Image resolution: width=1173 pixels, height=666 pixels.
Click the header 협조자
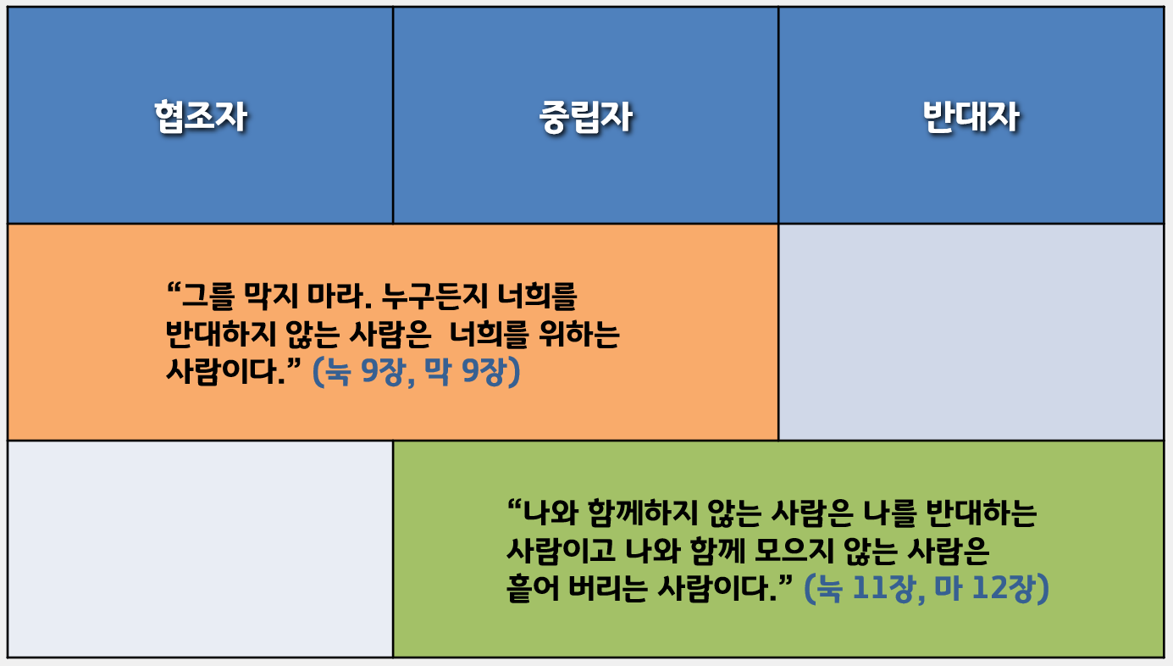[x=201, y=116]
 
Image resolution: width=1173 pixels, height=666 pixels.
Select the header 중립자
[x=586, y=116]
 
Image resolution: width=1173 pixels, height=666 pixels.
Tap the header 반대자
[x=971, y=116]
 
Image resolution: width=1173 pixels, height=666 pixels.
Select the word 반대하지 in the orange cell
[x=220, y=335]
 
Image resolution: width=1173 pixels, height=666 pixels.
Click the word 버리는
[x=608, y=588]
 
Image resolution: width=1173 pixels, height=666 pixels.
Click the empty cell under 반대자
[x=971, y=332]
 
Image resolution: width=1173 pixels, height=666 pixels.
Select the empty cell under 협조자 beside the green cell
[x=201, y=549]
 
